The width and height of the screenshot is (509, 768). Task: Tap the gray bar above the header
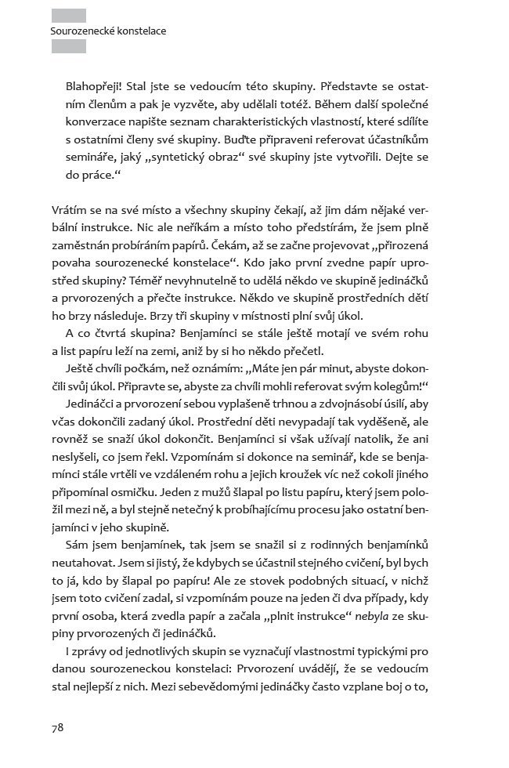click(x=68, y=15)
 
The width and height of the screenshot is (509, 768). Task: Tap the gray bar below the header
click(x=68, y=46)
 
